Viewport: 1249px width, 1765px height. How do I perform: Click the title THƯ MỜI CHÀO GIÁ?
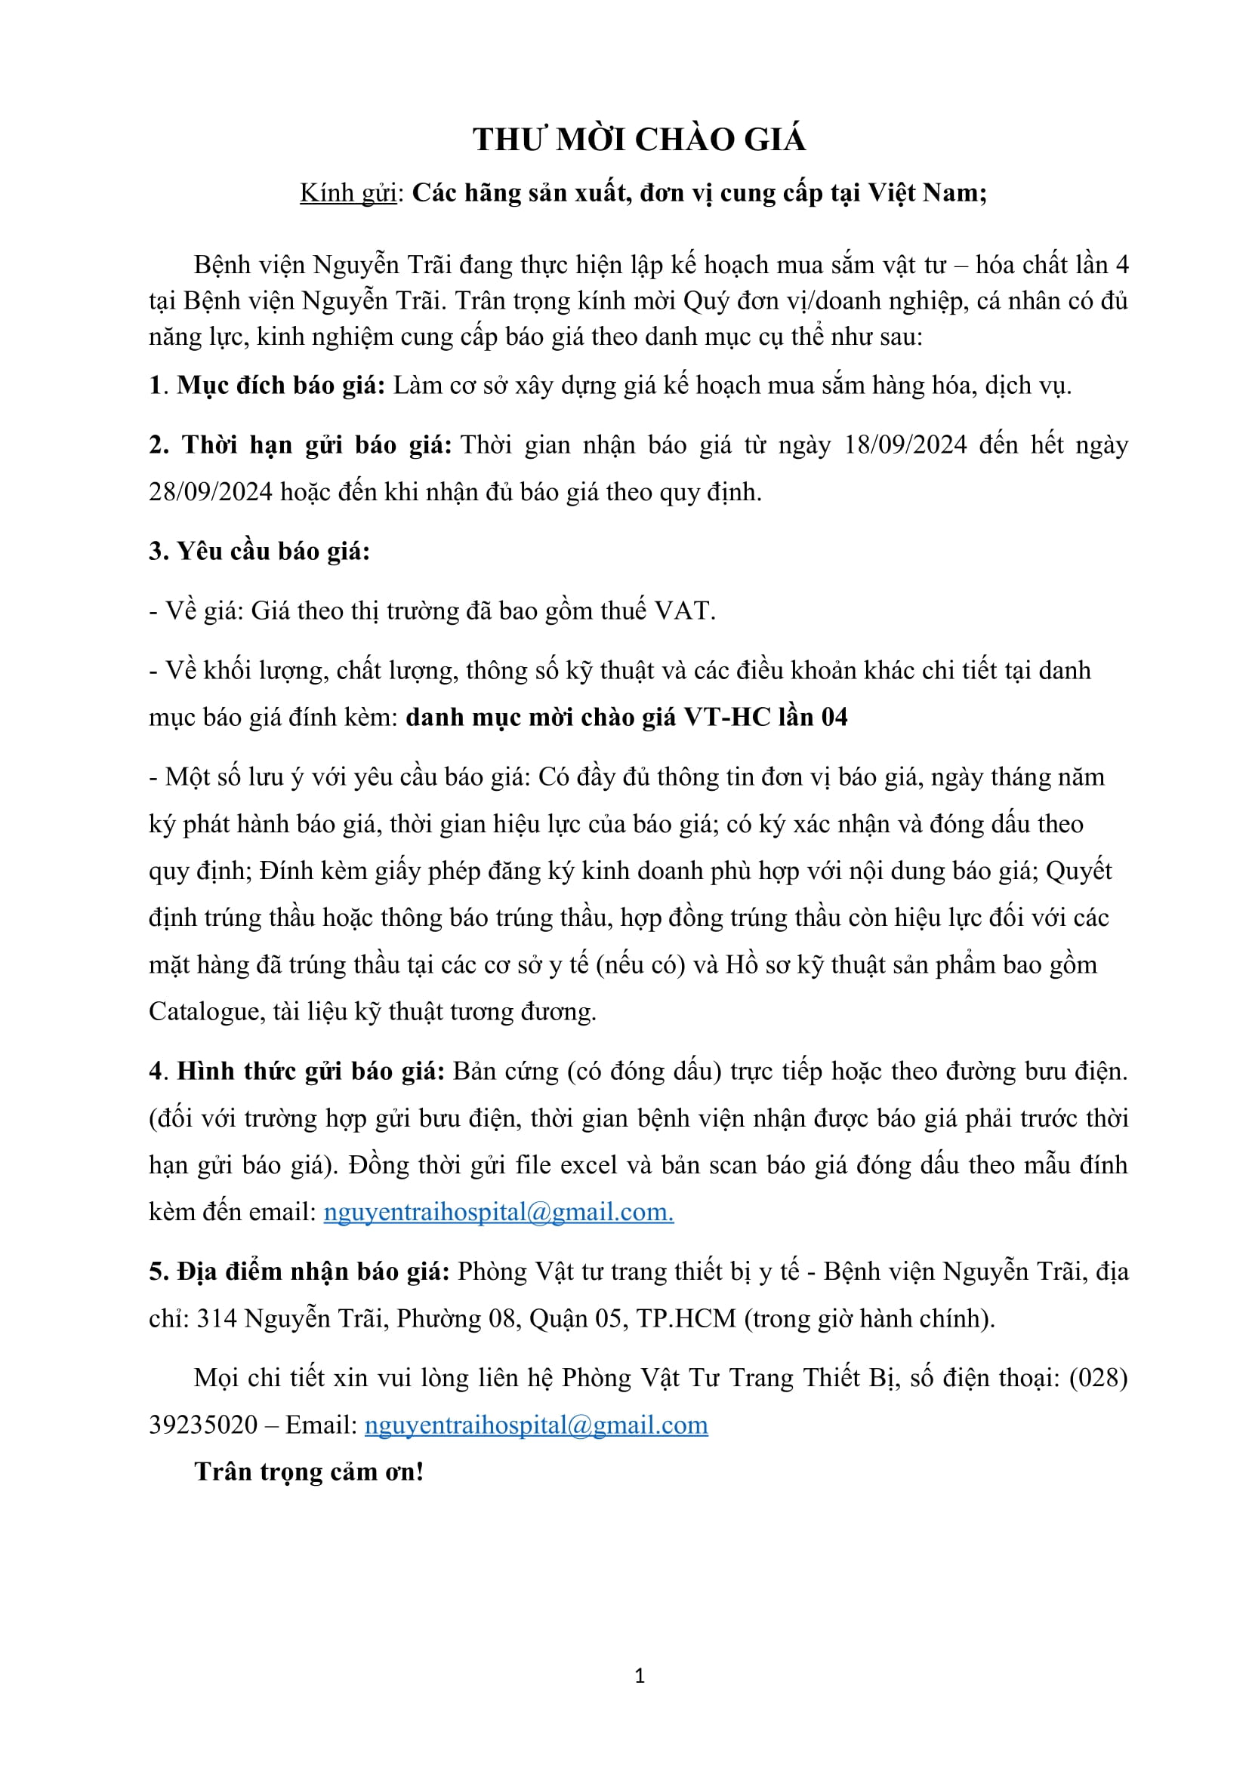click(x=639, y=140)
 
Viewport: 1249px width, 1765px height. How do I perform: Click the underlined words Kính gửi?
click(x=347, y=192)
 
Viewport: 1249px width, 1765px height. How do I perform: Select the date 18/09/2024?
click(x=905, y=445)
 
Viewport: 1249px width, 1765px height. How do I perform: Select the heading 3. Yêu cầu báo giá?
click(x=259, y=551)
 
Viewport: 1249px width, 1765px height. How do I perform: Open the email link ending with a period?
click(x=498, y=1213)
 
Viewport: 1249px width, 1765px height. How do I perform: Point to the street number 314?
click(x=217, y=1319)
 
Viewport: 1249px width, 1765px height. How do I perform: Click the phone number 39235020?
click(x=203, y=1425)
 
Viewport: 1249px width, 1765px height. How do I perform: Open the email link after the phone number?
click(x=536, y=1425)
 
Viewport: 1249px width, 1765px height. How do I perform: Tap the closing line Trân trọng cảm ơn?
click(x=309, y=1472)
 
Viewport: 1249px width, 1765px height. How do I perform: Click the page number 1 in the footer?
click(x=640, y=1677)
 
